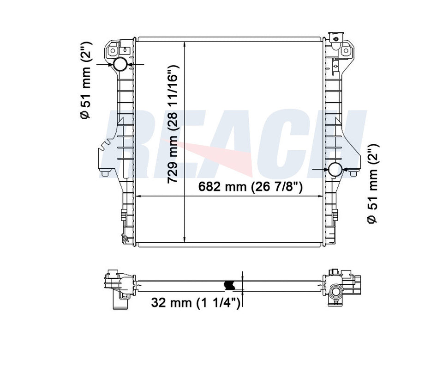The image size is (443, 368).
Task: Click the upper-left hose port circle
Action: [x=120, y=65]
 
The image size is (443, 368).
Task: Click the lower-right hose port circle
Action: [x=335, y=170]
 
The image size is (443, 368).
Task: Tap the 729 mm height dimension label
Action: [x=173, y=124]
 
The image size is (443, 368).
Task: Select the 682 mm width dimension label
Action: [x=250, y=187]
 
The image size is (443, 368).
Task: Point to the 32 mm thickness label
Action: [x=196, y=302]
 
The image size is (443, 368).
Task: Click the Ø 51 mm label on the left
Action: [x=85, y=80]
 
